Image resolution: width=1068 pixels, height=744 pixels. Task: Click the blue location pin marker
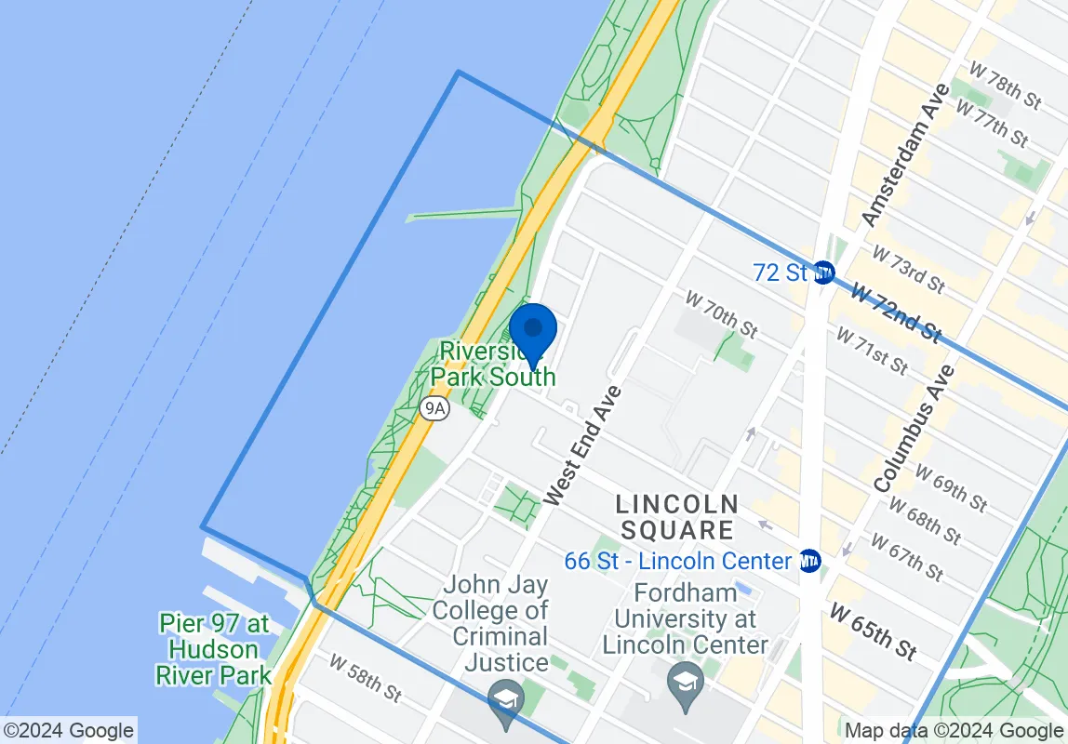(533, 332)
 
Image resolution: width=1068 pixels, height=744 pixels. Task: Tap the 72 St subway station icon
(823, 272)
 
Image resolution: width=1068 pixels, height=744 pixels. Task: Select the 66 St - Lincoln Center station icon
(809, 561)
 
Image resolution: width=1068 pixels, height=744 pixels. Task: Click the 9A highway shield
(434, 408)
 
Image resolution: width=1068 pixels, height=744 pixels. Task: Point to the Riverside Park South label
(493, 365)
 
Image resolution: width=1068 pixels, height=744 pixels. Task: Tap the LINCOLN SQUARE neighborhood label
(677, 517)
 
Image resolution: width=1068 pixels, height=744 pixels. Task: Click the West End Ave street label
(583, 445)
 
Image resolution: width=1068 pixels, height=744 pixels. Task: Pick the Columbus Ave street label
(914, 428)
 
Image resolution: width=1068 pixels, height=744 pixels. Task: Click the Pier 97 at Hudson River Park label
(214, 648)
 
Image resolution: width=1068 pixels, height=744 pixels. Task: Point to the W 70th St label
(721, 312)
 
